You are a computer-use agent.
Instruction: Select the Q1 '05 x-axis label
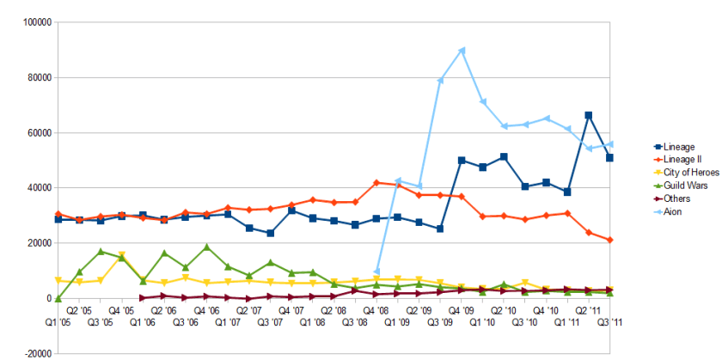58,322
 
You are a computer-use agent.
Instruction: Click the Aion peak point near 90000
462,51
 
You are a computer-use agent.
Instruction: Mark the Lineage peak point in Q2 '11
589,115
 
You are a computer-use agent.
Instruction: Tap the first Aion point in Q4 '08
376,272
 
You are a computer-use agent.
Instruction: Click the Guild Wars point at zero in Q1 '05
58,298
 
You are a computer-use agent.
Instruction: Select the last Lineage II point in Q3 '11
609,240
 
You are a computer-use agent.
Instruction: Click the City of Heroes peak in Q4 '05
122,255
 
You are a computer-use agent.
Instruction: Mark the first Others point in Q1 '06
143,298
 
